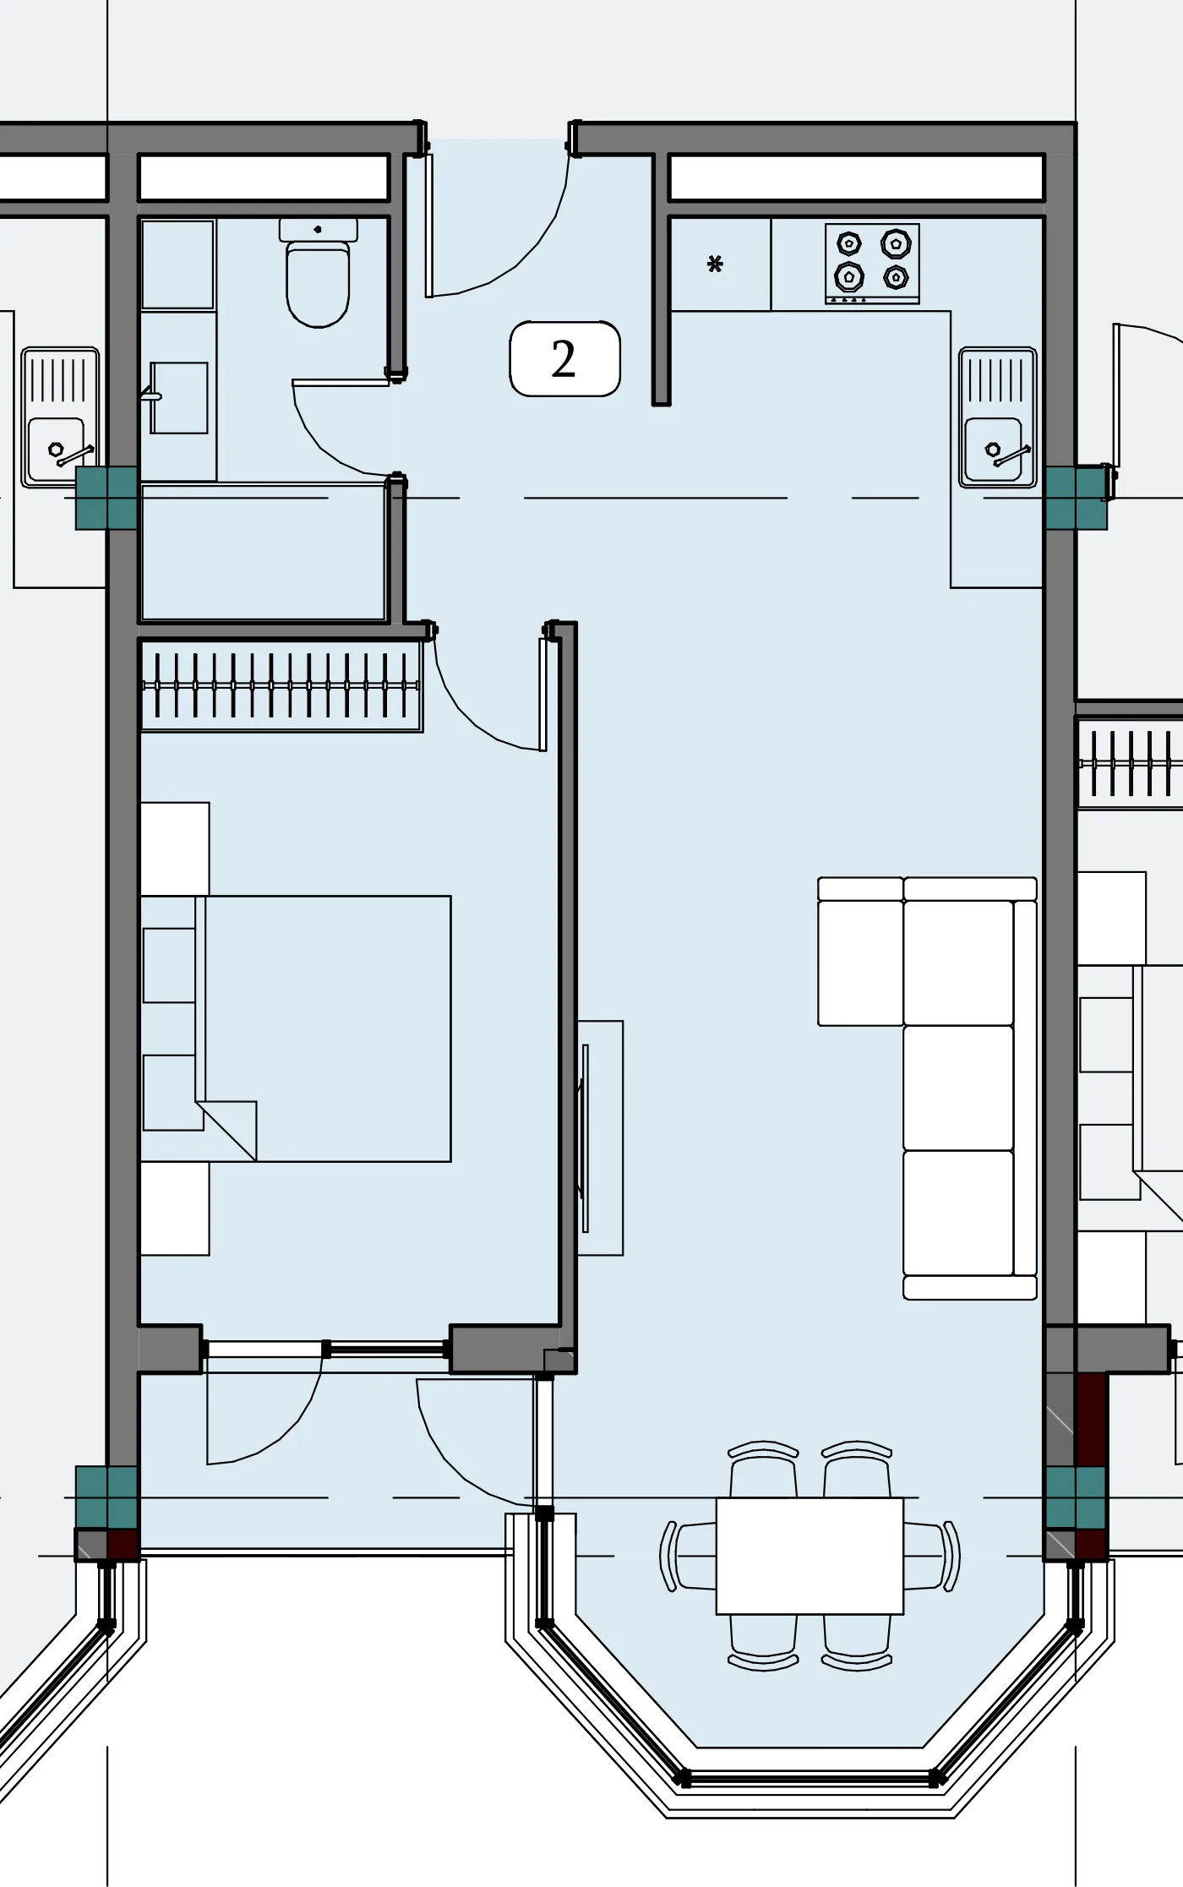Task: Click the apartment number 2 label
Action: pos(564,358)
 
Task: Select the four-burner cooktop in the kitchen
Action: pos(872,264)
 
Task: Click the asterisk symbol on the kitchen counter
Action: pos(715,265)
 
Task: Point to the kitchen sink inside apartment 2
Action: pos(997,417)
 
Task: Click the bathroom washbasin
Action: pos(178,398)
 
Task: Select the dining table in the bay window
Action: pos(810,1556)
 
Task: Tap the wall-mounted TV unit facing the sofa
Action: pos(600,1137)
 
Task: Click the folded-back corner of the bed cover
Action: pos(226,1131)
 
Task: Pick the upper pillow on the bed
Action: pos(169,965)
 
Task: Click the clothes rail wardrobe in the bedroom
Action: pos(281,685)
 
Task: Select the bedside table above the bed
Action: pos(175,848)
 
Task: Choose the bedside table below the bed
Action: pos(175,1208)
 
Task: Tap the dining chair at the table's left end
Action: pos(688,1556)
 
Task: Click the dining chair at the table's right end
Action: pos(932,1556)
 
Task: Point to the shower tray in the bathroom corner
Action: pos(177,265)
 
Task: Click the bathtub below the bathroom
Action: pos(264,553)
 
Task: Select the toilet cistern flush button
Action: pos(318,229)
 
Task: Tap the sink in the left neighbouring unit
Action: pos(60,417)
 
